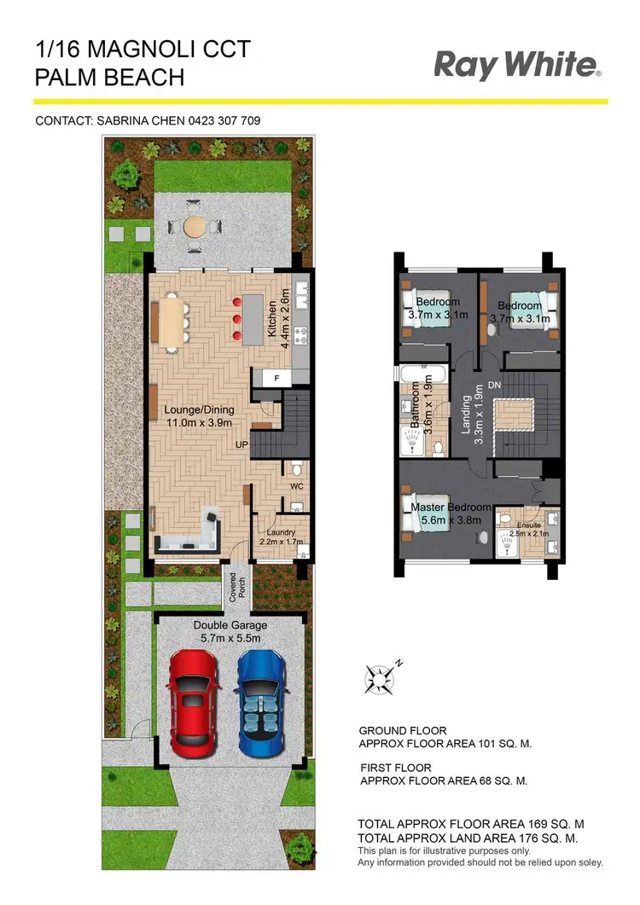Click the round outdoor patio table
(x=194, y=227)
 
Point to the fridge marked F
(x=276, y=377)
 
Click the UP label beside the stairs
(x=243, y=444)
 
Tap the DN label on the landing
(x=493, y=386)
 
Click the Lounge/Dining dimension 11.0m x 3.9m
(x=198, y=422)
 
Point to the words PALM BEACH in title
(x=109, y=78)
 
